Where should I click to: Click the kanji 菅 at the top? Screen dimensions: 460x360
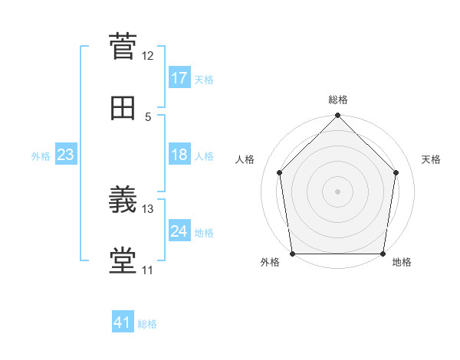tap(123, 46)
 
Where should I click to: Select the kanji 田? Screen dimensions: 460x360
tap(123, 108)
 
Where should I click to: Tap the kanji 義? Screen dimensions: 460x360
tap(123, 199)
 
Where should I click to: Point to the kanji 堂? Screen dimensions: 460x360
tap(123, 260)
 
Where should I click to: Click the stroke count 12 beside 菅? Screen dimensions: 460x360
tap(147, 56)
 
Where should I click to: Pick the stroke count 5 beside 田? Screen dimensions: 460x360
tap(148, 117)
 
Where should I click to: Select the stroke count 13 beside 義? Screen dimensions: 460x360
tap(147, 209)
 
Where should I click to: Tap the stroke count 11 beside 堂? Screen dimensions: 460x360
tap(147, 270)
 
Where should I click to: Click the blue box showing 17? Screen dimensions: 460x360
tap(179, 77)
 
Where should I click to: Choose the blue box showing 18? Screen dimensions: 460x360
tap(179, 154)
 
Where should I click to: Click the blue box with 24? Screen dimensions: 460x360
tap(179, 230)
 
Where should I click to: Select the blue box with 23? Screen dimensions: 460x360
tap(66, 154)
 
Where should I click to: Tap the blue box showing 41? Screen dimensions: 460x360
tap(123, 321)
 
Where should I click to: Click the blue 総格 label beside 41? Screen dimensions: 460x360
tap(147, 324)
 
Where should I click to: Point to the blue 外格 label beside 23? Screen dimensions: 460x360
tap(41, 156)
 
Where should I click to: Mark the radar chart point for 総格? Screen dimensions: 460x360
tap(337, 115)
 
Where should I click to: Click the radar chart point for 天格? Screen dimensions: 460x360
tap(396, 172)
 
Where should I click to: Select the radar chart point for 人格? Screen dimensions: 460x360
tap(280, 172)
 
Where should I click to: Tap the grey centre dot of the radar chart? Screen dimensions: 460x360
tap(337, 191)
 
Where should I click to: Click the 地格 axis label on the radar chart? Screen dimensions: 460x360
tap(402, 262)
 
